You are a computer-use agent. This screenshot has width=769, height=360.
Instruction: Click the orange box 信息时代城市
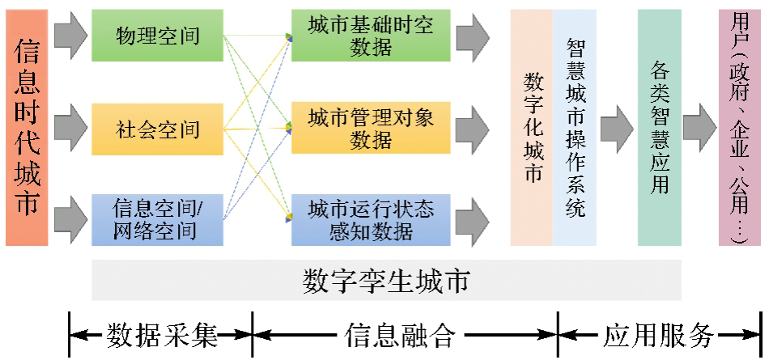pos(27,128)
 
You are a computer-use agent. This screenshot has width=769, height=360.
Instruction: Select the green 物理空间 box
pos(157,36)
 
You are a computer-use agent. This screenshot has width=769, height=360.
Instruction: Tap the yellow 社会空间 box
pos(157,128)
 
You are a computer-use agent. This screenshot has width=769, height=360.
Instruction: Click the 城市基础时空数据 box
pos(371,36)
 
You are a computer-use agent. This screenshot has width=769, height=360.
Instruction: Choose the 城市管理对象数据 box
pos(371,128)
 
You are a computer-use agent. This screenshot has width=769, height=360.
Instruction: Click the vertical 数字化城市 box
pos(532,128)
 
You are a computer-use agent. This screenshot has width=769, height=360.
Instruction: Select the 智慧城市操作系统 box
pos(575,128)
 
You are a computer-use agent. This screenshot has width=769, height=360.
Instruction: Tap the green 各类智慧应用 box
pos(659,128)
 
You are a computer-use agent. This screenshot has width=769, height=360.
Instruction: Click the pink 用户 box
pos(739,128)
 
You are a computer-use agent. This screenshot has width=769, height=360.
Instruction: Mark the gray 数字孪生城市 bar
pos(386,282)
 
